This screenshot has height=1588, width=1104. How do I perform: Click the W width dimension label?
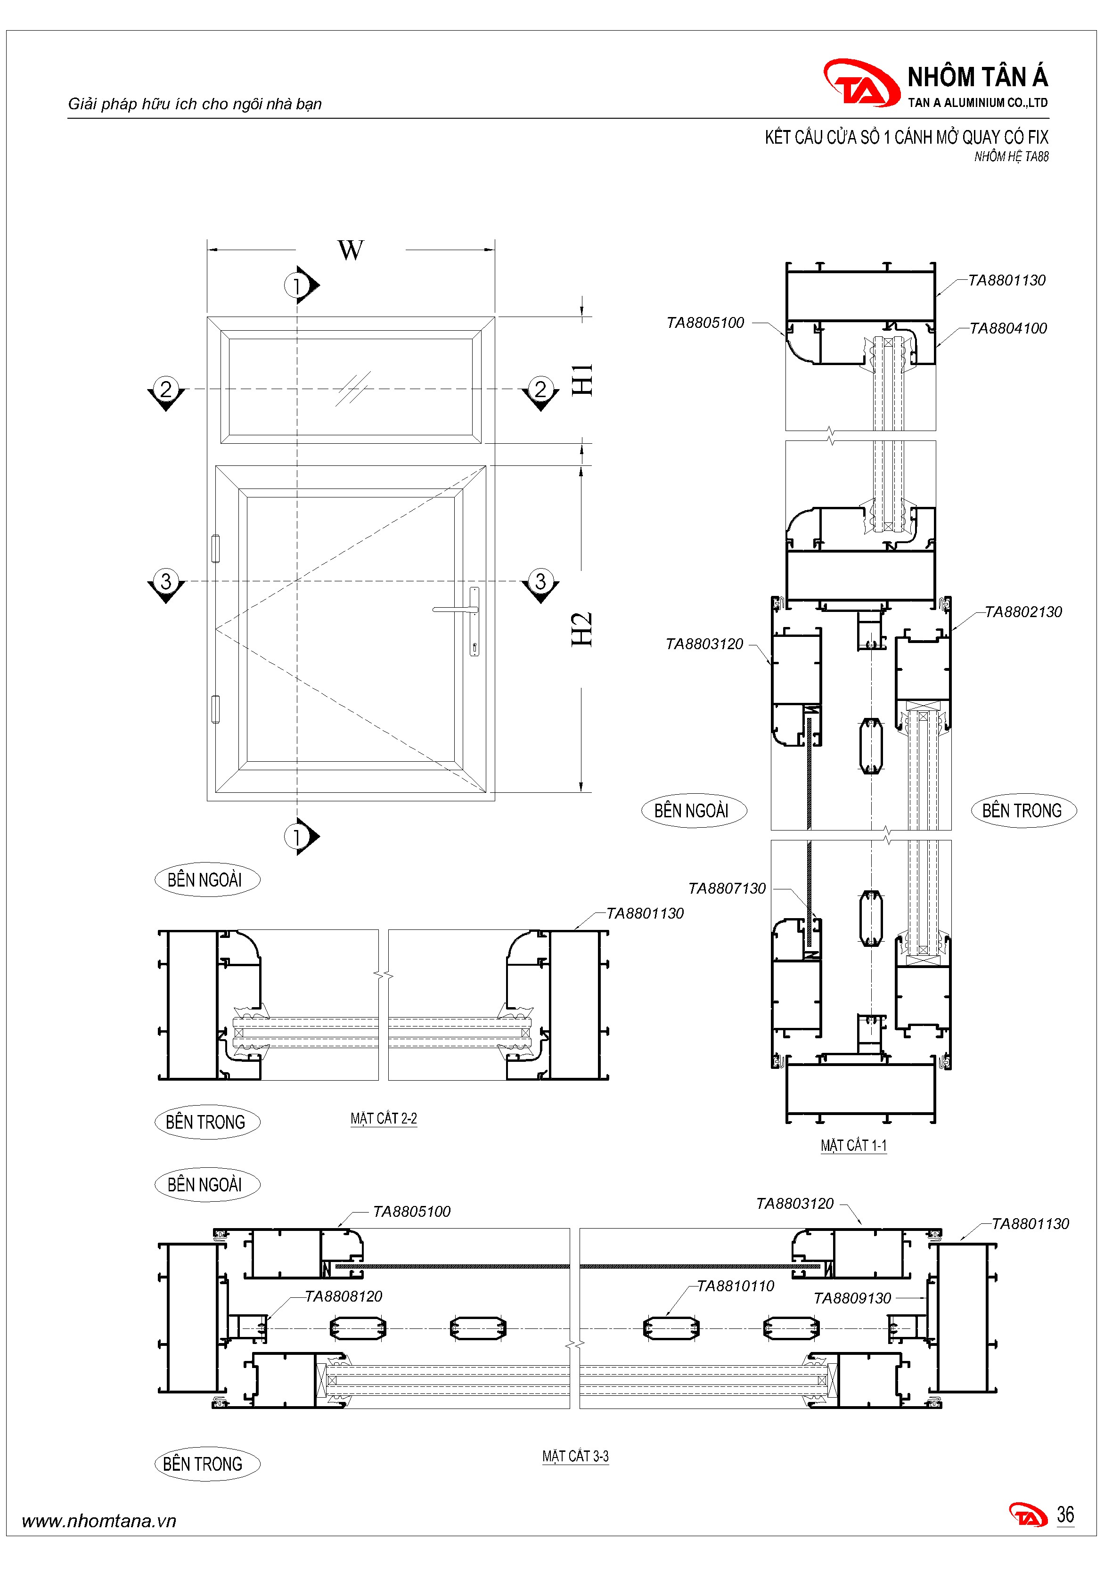[351, 250]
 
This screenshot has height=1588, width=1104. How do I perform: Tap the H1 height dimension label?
[582, 380]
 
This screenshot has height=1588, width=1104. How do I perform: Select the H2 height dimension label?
[582, 629]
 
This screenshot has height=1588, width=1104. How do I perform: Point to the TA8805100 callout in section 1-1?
[705, 323]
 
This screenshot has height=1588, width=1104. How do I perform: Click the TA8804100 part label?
[1008, 328]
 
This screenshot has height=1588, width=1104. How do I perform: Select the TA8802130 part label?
[1023, 612]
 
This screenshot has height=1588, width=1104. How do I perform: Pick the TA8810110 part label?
[736, 1287]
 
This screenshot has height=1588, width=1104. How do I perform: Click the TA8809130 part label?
[852, 1299]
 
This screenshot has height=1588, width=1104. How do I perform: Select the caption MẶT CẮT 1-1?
[854, 1146]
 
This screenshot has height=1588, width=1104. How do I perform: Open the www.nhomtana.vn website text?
[99, 1521]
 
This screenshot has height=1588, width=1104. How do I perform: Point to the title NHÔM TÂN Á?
[977, 77]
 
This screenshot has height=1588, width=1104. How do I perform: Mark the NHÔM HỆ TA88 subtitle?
[1011, 157]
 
